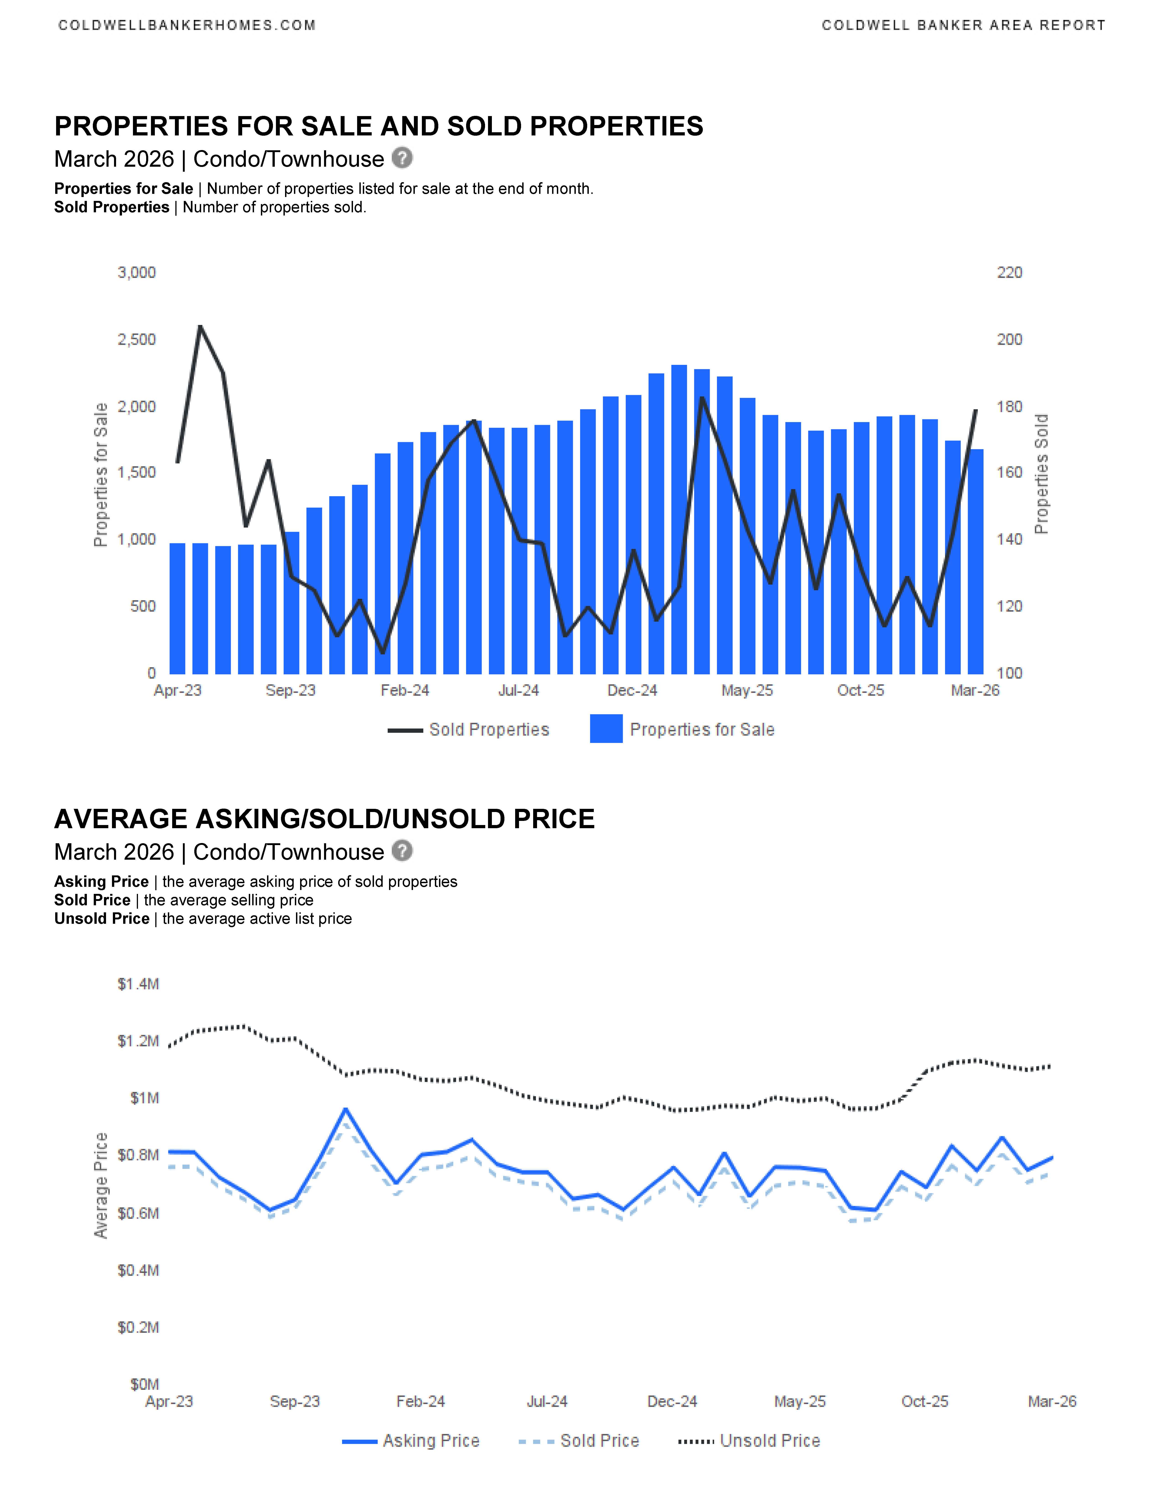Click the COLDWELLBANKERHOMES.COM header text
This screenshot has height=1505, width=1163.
187,26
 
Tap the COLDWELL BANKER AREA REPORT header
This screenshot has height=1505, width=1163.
963,26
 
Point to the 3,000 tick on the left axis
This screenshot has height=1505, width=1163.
136,273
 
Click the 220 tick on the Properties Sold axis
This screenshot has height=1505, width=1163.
1009,273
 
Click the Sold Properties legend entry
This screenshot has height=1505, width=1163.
469,730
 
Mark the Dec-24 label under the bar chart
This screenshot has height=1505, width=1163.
632,690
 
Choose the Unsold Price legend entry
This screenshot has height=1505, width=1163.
750,1441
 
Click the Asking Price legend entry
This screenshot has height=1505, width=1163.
411,1441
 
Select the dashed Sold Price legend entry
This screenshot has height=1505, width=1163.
579,1441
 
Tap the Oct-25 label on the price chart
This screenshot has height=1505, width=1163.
925,1402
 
